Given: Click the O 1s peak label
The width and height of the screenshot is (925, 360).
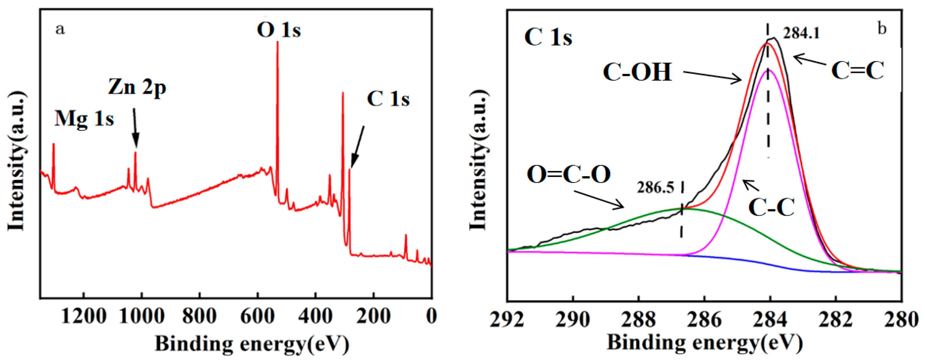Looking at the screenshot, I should (279, 30).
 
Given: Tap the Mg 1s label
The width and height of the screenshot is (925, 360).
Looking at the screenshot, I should (84, 119).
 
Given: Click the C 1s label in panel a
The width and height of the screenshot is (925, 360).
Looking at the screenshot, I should (388, 99).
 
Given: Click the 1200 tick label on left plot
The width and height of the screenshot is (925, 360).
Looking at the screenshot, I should (84, 317).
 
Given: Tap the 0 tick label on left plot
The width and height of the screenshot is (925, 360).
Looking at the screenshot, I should (431, 317).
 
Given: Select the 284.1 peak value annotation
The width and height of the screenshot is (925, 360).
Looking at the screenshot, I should (801, 33).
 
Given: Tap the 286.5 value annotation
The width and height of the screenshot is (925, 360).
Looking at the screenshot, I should (655, 187).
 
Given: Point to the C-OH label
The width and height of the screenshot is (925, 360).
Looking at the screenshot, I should (637, 72).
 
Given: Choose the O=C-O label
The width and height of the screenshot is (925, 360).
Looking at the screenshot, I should (568, 175).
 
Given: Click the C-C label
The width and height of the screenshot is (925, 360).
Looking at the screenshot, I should (771, 207).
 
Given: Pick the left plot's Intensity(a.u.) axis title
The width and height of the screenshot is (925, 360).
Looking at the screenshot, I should (16, 160).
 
